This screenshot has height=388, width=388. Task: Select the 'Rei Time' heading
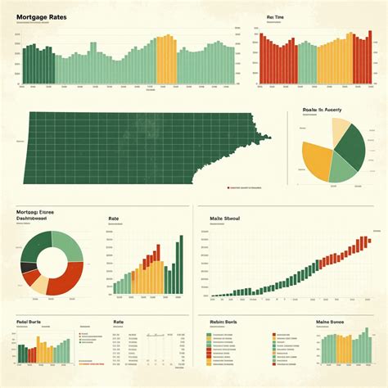[276, 16]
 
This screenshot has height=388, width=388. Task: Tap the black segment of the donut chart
[29, 267]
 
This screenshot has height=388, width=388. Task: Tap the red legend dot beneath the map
[226, 187]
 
